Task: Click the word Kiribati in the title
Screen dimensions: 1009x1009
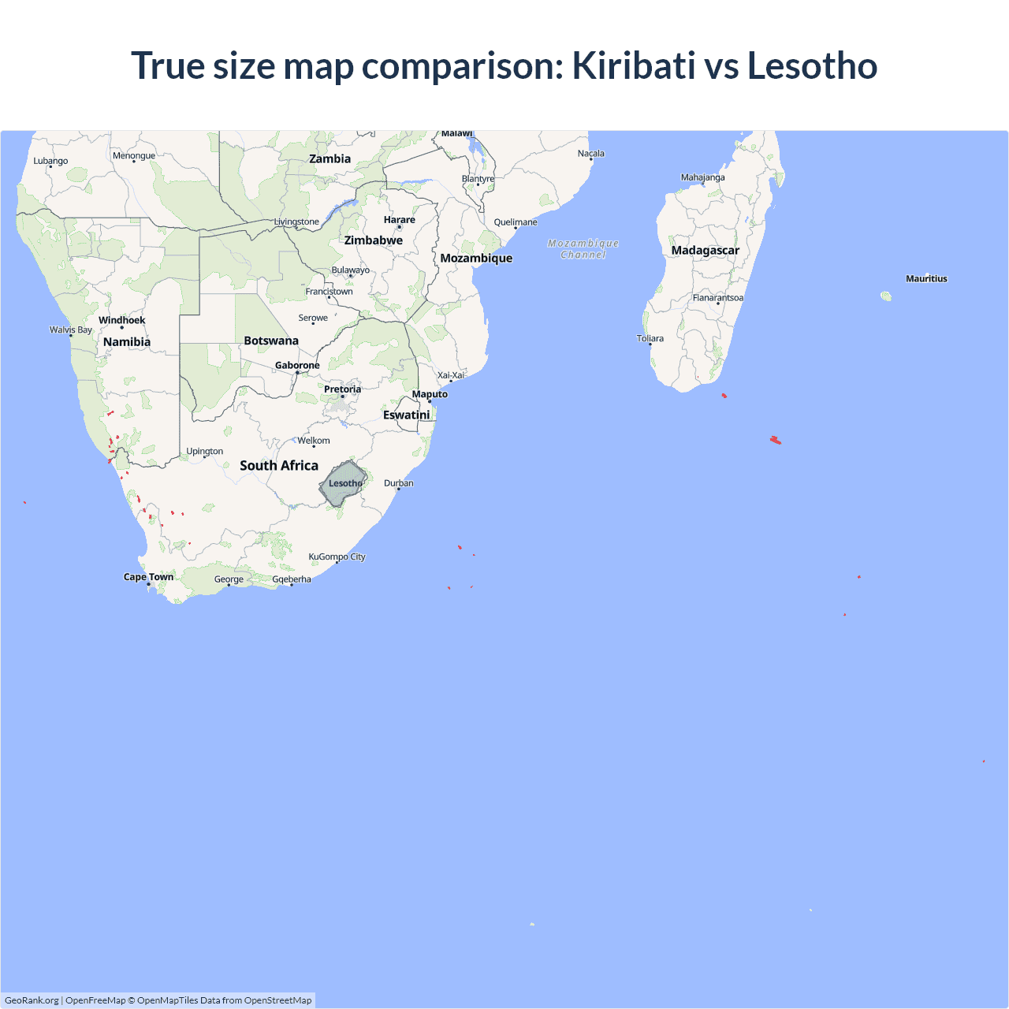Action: coord(634,65)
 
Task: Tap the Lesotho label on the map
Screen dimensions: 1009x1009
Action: coord(345,483)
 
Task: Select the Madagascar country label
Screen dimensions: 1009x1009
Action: coord(706,251)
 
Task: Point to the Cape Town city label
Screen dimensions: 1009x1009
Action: coord(148,577)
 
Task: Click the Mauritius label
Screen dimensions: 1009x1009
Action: coord(926,278)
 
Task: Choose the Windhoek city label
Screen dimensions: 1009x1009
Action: coord(122,320)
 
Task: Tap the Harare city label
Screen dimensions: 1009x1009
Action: coord(400,220)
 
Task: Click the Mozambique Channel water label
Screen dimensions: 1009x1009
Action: coord(583,249)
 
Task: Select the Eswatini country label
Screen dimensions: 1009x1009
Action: coord(407,415)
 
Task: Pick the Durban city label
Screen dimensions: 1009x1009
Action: coord(399,483)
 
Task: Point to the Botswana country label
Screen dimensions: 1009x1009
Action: coord(271,341)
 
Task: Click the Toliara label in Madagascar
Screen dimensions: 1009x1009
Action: coord(650,338)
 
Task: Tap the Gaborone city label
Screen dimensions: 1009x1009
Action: coord(297,365)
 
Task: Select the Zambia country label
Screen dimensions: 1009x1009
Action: coord(330,158)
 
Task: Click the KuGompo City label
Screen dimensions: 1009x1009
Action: coord(337,557)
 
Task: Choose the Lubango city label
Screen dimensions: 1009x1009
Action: coord(50,161)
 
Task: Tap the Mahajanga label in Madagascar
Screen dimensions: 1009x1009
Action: coord(703,177)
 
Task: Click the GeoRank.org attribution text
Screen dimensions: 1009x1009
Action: coord(32,1000)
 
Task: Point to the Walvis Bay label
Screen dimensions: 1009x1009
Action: coord(71,330)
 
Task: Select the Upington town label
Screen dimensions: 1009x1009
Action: coord(205,452)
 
